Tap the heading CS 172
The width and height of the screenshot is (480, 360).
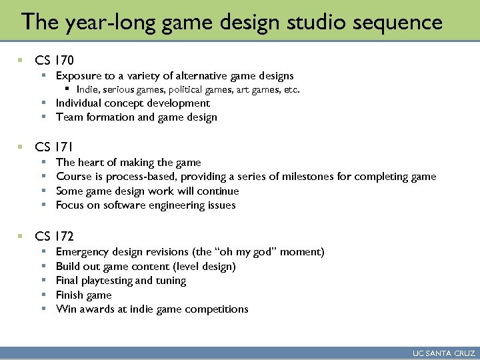54,235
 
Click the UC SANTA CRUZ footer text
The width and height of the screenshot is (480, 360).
443,353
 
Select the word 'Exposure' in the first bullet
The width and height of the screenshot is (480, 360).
78,76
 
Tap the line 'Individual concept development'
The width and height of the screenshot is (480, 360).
133,103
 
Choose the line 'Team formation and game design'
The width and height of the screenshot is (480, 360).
137,117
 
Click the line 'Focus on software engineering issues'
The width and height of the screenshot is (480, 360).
146,205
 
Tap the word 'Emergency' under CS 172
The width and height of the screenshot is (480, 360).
83,252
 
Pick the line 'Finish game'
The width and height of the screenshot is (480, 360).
84,295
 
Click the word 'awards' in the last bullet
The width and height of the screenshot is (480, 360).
95,309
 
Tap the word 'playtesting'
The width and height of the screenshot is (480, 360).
107,281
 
